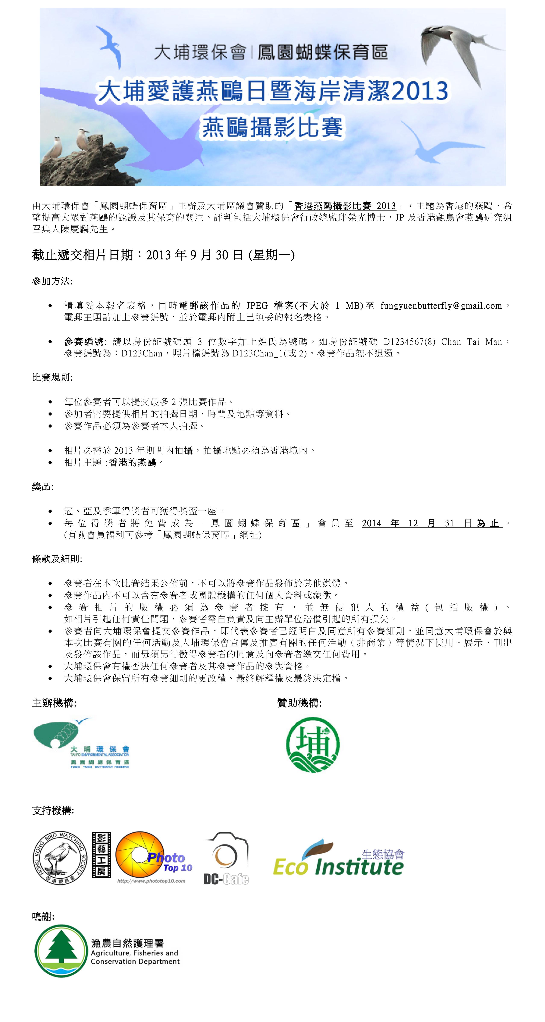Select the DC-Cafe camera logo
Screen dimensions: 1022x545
[226, 859]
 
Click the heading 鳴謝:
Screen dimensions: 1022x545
[43, 916]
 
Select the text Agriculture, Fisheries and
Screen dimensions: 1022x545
[134, 953]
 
